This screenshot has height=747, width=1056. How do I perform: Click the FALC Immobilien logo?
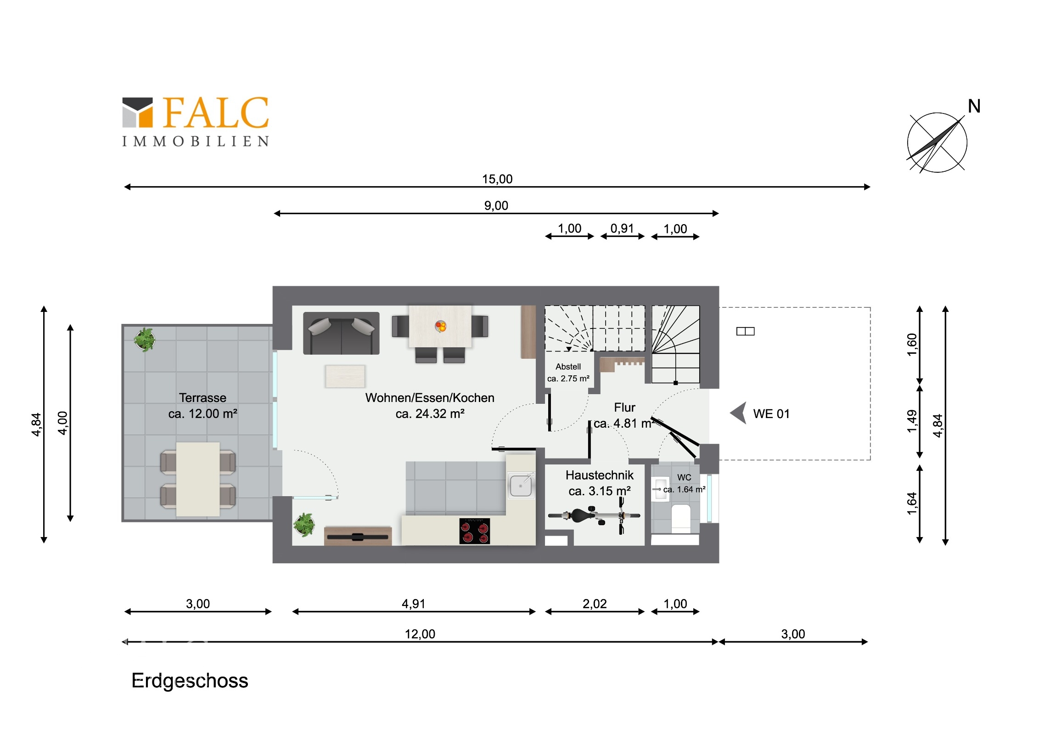click(195, 121)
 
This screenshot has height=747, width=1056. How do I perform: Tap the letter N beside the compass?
click(974, 107)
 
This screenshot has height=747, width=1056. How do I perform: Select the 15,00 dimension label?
click(497, 179)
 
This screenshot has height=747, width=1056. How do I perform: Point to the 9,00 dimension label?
click(496, 206)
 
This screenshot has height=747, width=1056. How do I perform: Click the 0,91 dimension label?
click(622, 228)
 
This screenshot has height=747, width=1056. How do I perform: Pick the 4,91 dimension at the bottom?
click(413, 604)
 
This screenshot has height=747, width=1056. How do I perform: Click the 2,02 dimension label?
click(594, 604)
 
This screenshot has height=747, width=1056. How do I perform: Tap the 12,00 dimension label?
click(420, 634)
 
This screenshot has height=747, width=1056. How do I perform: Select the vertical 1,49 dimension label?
click(911, 421)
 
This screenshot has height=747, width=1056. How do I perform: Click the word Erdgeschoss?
click(190, 681)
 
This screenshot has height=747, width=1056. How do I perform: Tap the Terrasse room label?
click(202, 398)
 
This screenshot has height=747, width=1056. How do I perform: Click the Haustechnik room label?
click(599, 475)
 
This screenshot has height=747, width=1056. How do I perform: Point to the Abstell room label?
click(567, 367)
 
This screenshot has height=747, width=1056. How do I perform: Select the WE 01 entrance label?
click(771, 414)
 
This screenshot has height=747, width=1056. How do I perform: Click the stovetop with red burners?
click(474, 531)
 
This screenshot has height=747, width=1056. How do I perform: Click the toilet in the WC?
click(681, 518)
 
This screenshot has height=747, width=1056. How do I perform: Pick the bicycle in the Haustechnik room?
click(593, 516)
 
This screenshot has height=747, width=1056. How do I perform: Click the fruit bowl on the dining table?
click(440, 327)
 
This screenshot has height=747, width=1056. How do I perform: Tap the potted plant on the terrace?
click(145, 340)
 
